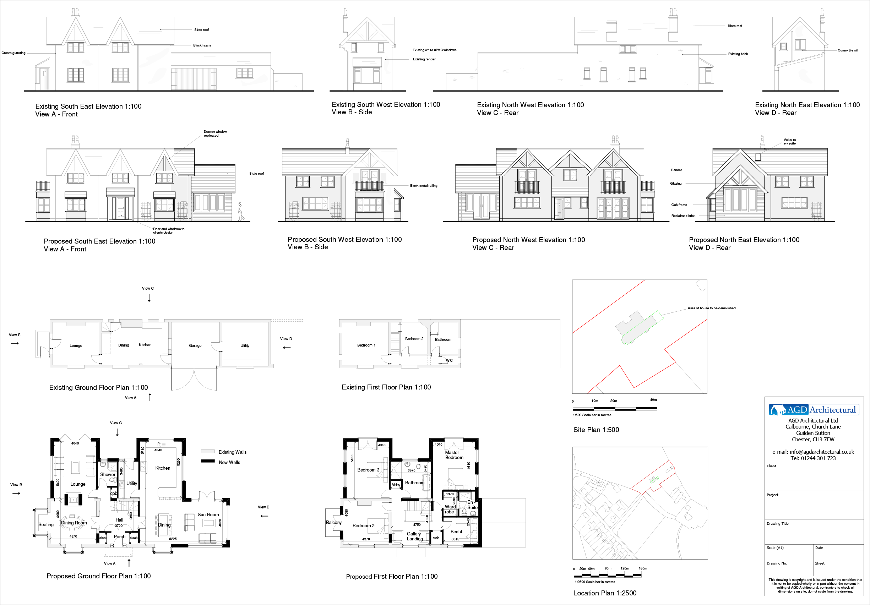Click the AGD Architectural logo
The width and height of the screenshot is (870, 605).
point(813,409)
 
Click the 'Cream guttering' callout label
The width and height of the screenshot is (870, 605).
point(13,53)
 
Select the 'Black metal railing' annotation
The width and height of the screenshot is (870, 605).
point(423,186)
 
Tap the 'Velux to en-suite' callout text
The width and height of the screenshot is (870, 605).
point(790,141)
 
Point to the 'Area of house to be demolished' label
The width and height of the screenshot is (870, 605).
point(711,308)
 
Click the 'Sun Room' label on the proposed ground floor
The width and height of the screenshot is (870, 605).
point(208,514)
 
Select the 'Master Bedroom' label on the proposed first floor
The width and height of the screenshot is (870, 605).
point(453,455)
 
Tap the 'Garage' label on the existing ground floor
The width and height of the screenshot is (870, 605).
point(195,345)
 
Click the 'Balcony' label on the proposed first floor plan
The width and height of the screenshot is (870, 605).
point(333,522)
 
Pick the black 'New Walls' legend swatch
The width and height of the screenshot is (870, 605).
point(208,462)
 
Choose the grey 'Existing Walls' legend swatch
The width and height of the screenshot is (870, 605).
point(208,452)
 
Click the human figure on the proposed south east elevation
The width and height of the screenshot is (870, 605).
point(240,211)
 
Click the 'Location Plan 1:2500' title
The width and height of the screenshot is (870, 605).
point(604,593)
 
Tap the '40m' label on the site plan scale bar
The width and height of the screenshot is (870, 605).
point(653,400)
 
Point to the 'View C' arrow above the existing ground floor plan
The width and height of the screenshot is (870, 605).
point(149,298)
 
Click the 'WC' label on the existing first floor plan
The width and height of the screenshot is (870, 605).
point(449,360)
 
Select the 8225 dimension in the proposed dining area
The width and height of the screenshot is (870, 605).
point(173,539)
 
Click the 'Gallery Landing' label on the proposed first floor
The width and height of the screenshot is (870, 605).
point(414,536)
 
